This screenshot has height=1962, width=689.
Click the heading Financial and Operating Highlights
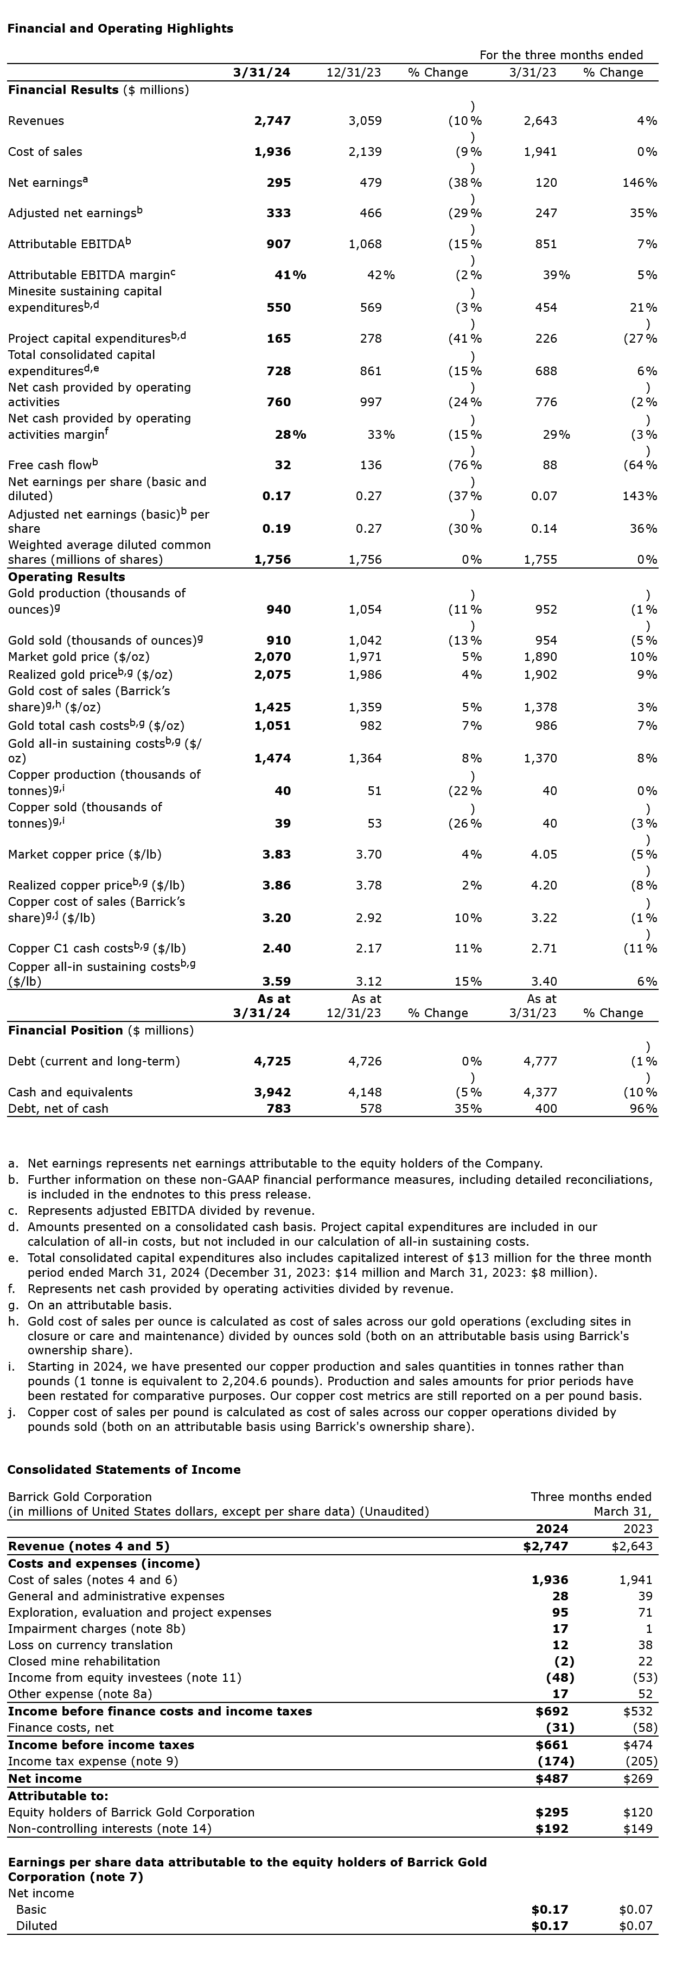[120, 28]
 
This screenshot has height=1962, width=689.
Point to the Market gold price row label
[79, 657]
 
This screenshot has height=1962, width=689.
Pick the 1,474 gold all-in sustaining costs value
[272, 759]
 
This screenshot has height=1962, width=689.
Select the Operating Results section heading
[66, 577]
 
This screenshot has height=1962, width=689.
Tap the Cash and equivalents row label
[70, 1092]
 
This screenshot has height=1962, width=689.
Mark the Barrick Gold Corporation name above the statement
[80, 1497]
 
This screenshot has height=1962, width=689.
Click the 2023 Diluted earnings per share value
[636, 1926]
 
